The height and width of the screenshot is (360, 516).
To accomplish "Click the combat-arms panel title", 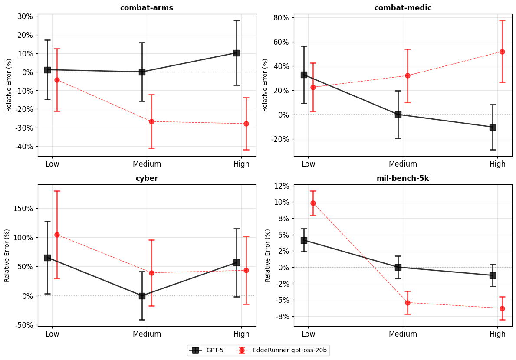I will pos(147,8).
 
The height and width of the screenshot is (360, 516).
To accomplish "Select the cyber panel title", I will pos(147,178).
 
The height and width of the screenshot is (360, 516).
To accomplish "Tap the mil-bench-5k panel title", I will pos(402,178).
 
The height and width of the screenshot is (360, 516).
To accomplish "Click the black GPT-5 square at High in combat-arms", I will pos(237,53).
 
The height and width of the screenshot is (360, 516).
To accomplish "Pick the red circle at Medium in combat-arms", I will pos(151,121).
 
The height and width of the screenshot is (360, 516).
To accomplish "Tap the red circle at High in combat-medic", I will pos(502,52).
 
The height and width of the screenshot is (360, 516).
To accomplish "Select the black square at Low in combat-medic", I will pos(304,75).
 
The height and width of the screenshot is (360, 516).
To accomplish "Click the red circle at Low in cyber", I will pos(57,235).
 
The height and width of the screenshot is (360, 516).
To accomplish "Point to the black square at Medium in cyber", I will pos(142,296).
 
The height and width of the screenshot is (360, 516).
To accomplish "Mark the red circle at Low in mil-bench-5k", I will pos(313,203).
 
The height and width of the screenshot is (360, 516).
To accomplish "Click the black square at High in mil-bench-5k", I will pos(493,275).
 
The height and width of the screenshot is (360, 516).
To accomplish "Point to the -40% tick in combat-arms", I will pos(24,147).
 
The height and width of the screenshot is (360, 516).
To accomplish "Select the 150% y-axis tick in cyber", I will pos(23,209).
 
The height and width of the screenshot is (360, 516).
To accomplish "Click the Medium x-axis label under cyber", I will pos(147,334).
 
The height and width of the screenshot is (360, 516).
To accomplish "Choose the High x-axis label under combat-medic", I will pos(497,164).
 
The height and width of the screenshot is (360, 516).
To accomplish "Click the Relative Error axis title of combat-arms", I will pos(9,85).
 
